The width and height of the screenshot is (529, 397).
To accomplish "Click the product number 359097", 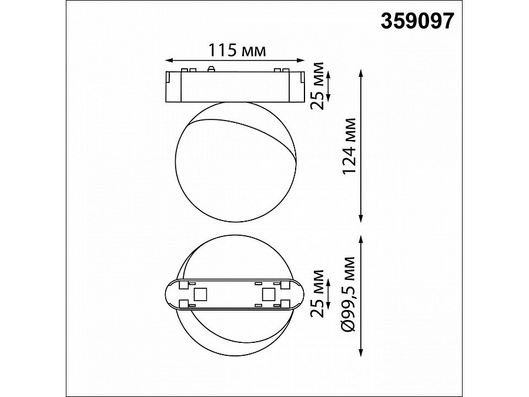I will (x=418, y=21).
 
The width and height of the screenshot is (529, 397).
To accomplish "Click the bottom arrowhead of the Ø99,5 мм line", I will (x=361, y=355).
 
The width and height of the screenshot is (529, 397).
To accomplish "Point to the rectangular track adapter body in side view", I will (x=235, y=87).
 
